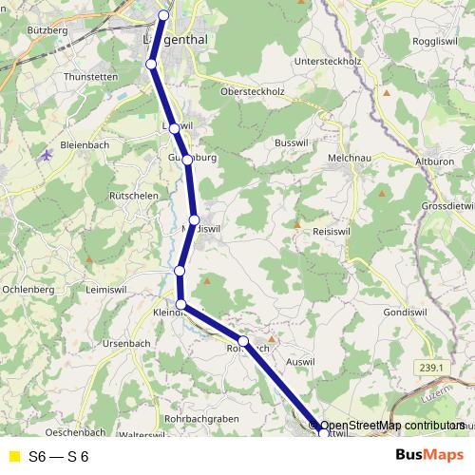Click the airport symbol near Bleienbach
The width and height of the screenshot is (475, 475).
tap(47, 155)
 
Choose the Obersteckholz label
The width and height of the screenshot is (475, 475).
tap(252, 92)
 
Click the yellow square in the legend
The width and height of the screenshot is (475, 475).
tap(13, 456)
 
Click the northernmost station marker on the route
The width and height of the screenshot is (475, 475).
tap(164, 14)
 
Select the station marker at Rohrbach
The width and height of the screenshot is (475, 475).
tap(243, 341)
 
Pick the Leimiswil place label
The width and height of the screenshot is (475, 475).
tap(111, 289)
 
